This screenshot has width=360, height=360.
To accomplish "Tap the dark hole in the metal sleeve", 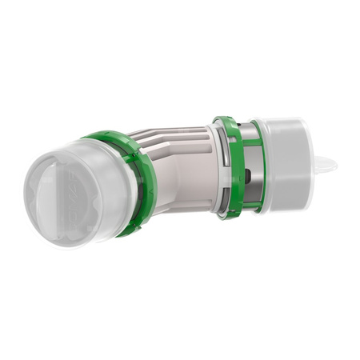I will point(250,175).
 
